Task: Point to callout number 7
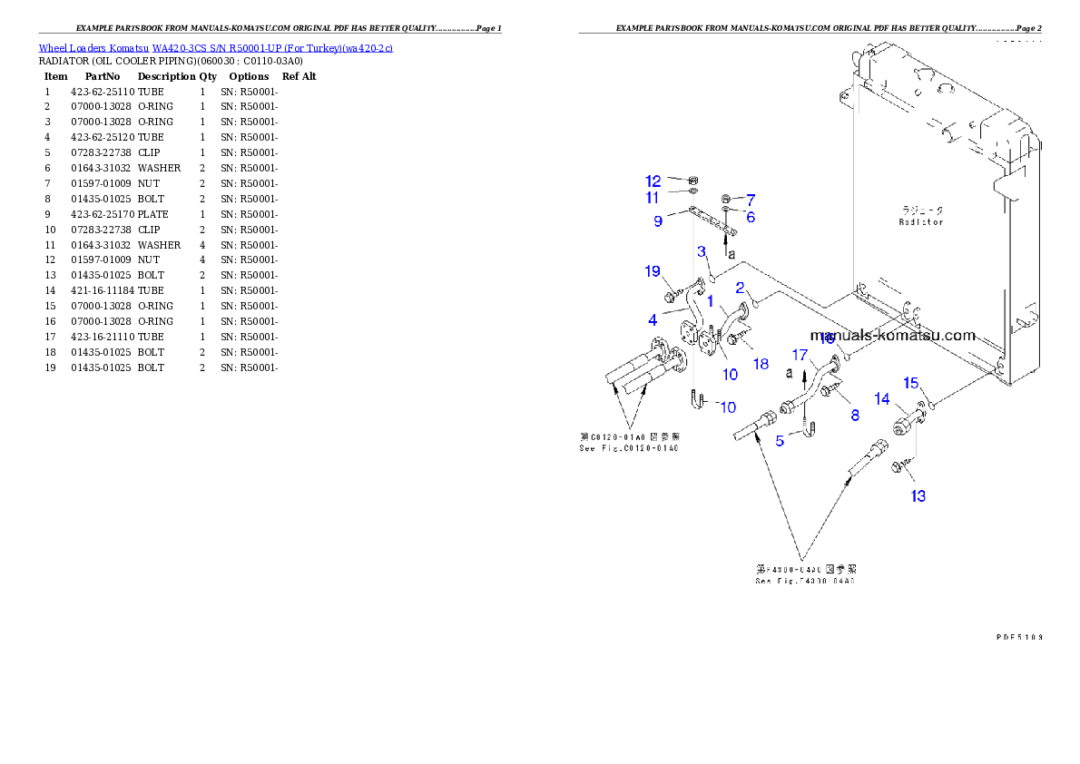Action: pos(751,199)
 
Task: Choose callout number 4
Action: pos(653,319)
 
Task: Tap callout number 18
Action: pos(761,364)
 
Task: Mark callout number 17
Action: pos(800,354)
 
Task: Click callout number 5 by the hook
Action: pos(780,441)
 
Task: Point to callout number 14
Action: pos(881,398)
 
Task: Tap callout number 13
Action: pos(918,496)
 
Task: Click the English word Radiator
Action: pos(921,221)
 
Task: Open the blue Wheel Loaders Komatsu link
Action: pos(215,48)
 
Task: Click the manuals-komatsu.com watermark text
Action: pos(892,335)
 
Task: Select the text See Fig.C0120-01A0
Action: pos(628,448)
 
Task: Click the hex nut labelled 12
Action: pos(693,181)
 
